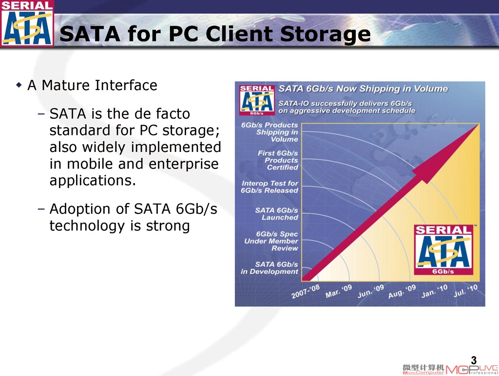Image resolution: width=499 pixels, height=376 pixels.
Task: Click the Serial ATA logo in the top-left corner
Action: pyautogui.click(x=27, y=23)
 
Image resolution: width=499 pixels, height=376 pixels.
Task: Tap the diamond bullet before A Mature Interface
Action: pyautogui.click(x=19, y=85)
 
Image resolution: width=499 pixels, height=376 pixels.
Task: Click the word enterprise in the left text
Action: pyautogui.click(x=184, y=164)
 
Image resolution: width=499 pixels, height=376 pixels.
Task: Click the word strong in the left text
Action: pyautogui.click(x=168, y=226)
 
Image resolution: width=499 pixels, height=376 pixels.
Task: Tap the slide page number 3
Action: pyautogui.click(x=474, y=360)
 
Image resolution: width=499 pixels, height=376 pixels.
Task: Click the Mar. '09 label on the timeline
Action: pyautogui.click(x=339, y=291)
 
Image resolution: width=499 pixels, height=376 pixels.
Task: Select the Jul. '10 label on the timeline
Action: pyautogui.click(x=465, y=290)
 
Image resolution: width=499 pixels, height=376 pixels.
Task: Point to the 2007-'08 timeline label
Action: pyautogui.click(x=306, y=291)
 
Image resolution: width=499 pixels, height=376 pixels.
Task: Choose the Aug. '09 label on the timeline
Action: pyautogui.click(x=402, y=291)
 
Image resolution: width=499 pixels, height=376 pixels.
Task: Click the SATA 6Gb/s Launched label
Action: pyautogui.click(x=277, y=214)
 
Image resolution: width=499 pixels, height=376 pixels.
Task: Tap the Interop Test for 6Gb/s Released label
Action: pyautogui.click(x=269, y=187)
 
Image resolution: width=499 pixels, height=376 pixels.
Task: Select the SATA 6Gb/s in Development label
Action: pyautogui.click(x=269, y=268)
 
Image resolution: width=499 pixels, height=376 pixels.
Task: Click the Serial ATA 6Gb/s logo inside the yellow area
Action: pyautogui.click(x=443, y=249)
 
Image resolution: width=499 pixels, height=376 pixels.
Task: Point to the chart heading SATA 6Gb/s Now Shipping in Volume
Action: pyautogui.click(x=363, y=89)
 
